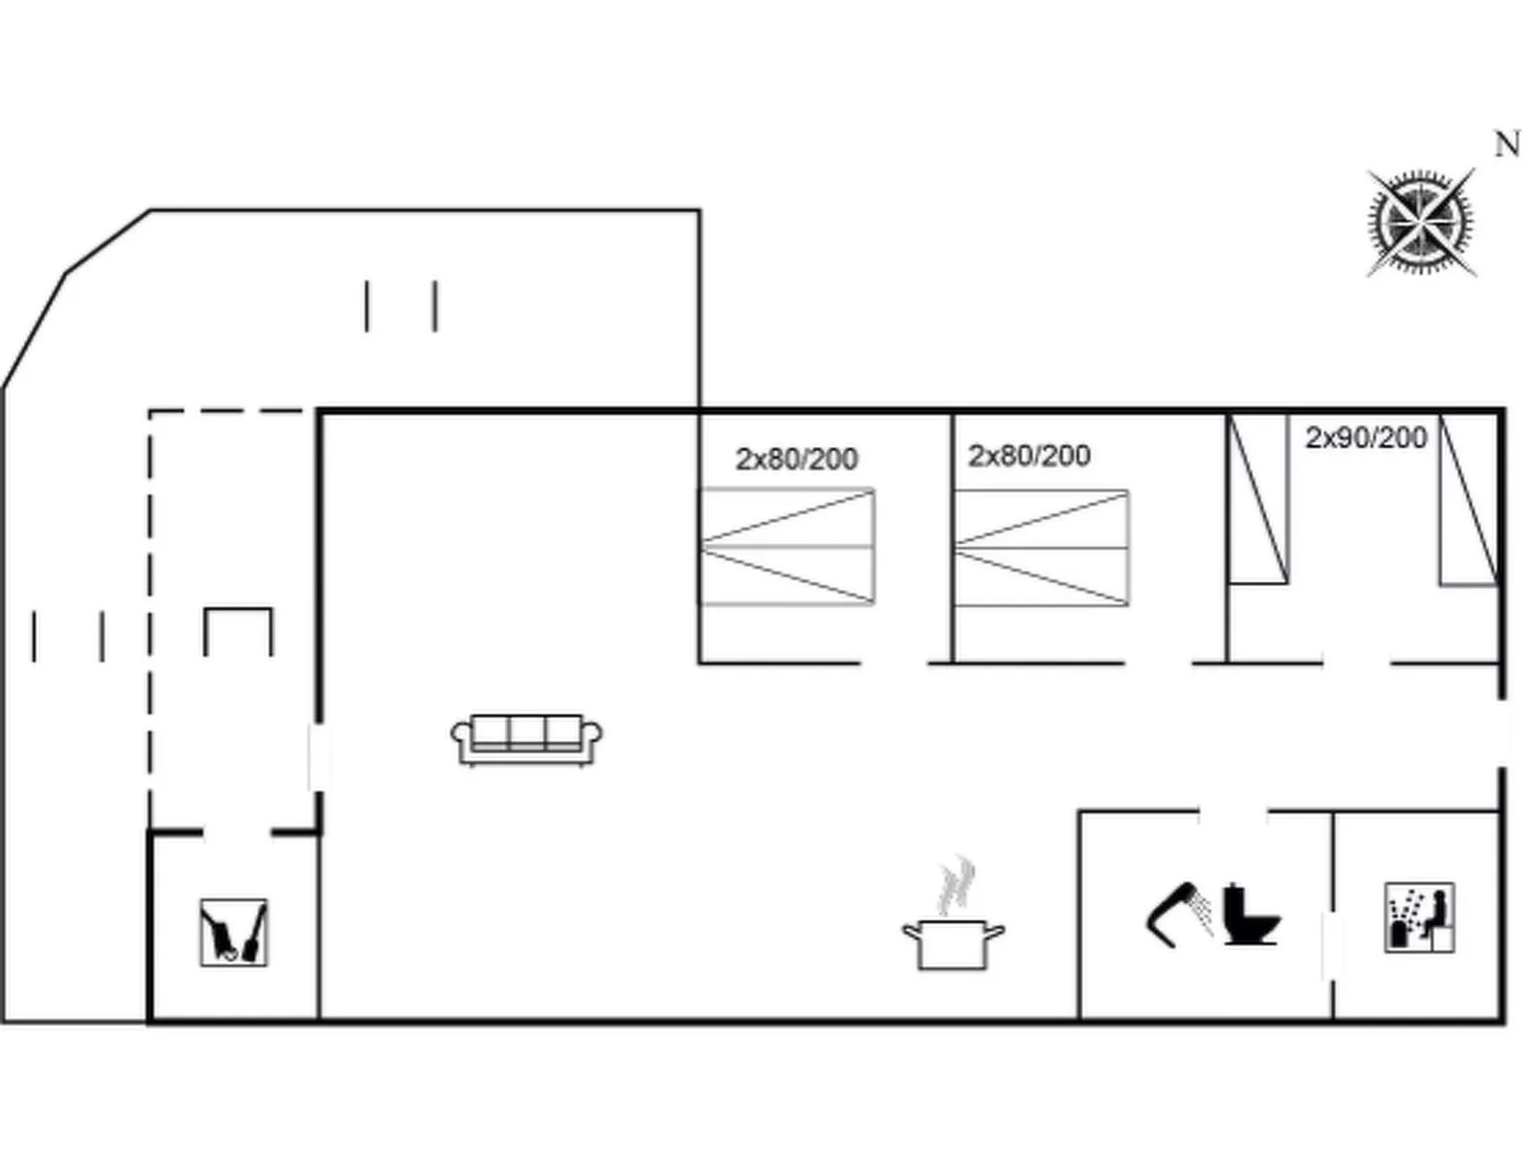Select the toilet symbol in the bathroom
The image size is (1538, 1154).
(1250, 915)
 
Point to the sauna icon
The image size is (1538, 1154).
(1419, 917)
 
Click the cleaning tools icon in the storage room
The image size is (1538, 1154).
(233, 932)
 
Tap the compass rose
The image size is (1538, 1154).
(1420, 222)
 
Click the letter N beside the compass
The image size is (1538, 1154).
(1506, 145)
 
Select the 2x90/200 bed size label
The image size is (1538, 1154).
(1366, 438)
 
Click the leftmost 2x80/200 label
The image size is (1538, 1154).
(796, 460)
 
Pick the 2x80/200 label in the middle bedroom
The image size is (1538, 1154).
(1029, 456)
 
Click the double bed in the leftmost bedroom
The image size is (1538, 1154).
(787, 547)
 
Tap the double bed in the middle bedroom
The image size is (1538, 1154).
(1041, 548)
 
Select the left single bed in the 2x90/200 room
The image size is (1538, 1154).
(1257, 499)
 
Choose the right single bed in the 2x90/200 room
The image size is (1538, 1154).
(1469, 500)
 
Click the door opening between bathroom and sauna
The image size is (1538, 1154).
(1332, 946)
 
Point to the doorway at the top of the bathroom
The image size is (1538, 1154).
(1233, 813)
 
